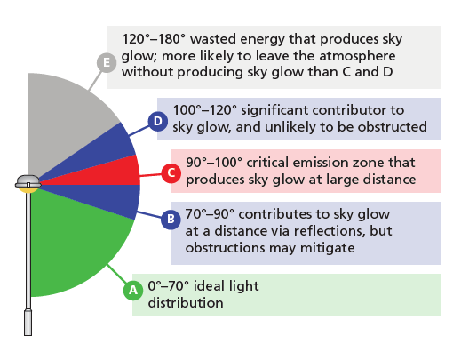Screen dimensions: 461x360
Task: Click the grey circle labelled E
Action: [107, 62]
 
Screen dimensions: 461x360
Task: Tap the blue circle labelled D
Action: [158, 121]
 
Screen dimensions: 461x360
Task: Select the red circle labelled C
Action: [171, 172]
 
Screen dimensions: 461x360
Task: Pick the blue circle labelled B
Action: [171, 220]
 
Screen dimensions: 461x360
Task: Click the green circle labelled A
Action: [133, 290]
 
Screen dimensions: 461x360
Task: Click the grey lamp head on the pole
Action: [28, 181]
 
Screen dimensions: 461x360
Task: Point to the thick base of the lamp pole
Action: [28, 323]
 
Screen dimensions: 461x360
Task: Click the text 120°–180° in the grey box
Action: [154, 39]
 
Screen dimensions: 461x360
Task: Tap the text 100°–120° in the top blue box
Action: [205, 110]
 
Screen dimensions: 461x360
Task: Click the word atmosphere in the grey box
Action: [357, 56]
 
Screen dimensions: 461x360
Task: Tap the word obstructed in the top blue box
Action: [393, 127]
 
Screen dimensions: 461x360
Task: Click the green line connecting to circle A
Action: [116, 274]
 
